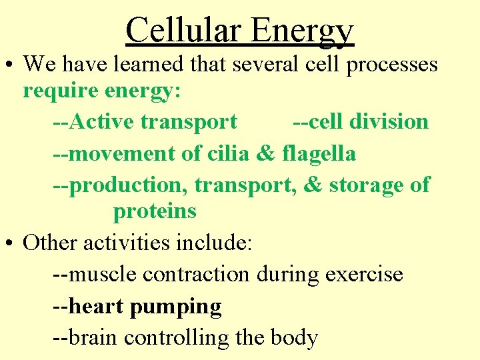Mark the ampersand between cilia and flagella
click(x=265, y=153)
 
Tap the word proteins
click(x=155, y=212)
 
